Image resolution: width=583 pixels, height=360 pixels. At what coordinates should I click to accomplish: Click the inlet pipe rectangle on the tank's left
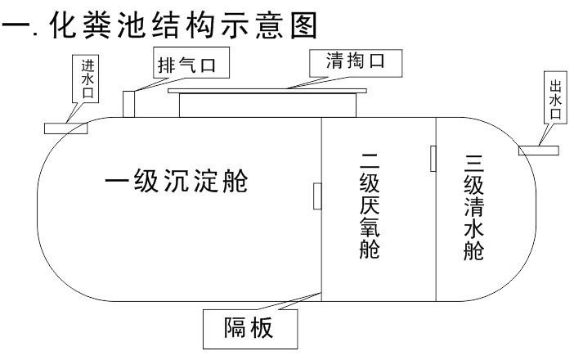click(x=66, y=127)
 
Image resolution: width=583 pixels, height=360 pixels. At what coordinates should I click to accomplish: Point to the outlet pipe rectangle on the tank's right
click(x=539, y=150)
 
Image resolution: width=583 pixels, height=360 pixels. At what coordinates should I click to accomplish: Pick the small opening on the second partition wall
click(x=433, y=158)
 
